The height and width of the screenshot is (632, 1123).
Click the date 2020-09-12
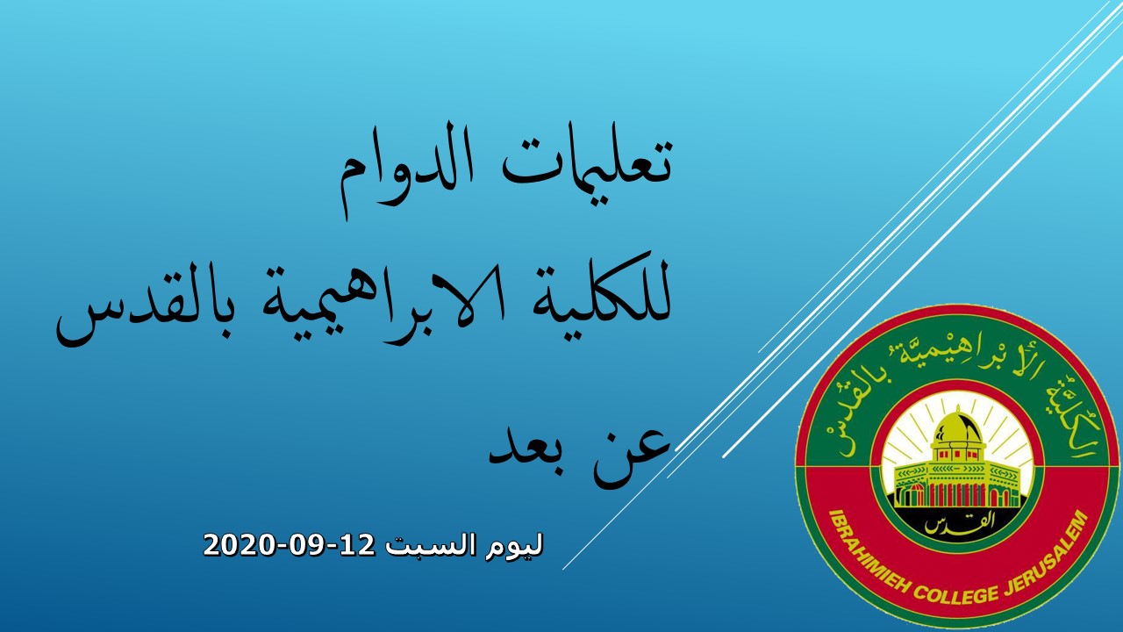pyautogui.click(x=290, y=545)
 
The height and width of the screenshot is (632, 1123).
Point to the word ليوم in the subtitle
pyautogui.click(x=514, y=547)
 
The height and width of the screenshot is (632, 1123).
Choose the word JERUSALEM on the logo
pyautogui.click(x=1048, y=557)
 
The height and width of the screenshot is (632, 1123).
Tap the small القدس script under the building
pyautogui.click(x=954, y=524)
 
